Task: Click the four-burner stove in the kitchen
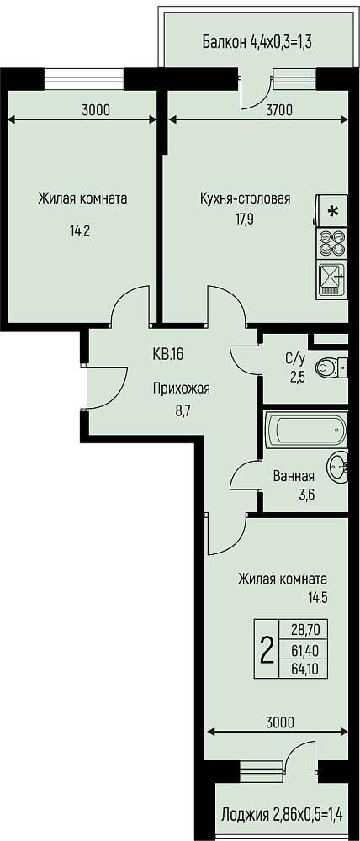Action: tap(331, 243)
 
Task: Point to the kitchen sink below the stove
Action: tap(331, 279)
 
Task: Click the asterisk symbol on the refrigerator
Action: tap(333, 211)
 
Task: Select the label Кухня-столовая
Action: tap(245, 198)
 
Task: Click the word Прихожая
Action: tap(182, 389)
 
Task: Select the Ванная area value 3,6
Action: tap(305, 495)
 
